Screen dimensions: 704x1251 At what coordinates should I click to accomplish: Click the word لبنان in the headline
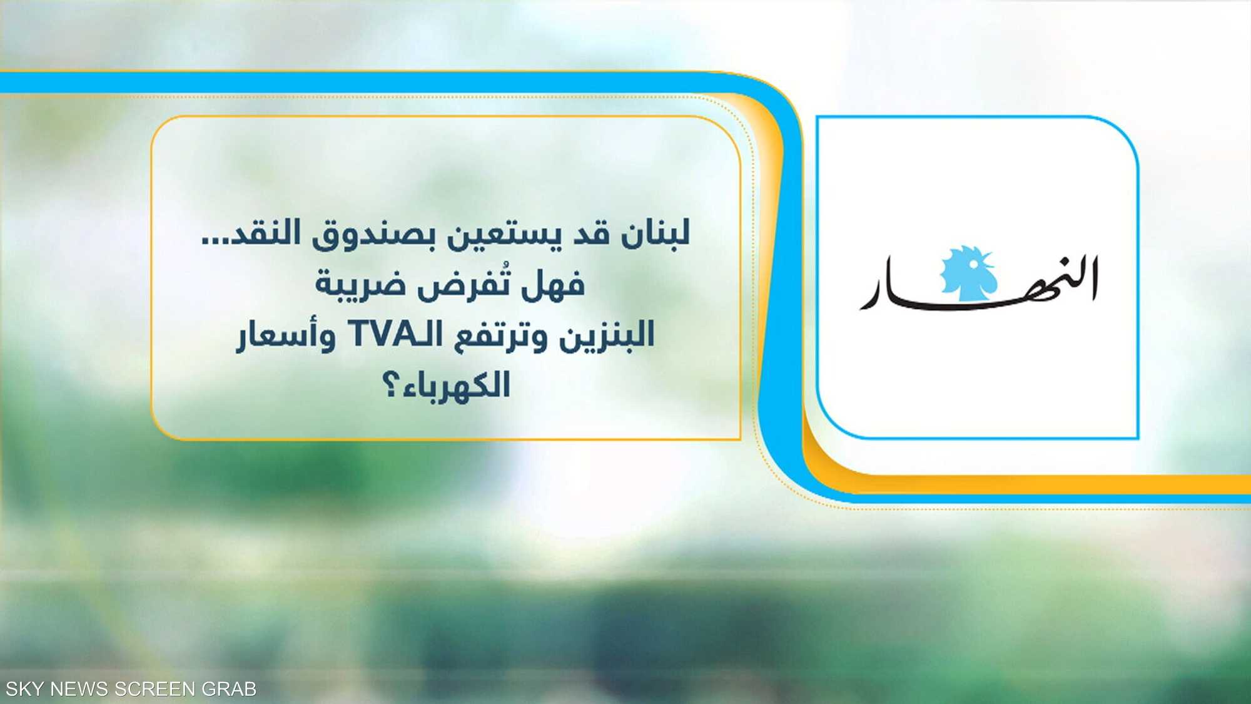point(656,233)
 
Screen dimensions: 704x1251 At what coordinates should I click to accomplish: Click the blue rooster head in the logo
point(968,273)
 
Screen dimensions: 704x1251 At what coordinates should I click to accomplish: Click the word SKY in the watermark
point(24,689)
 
